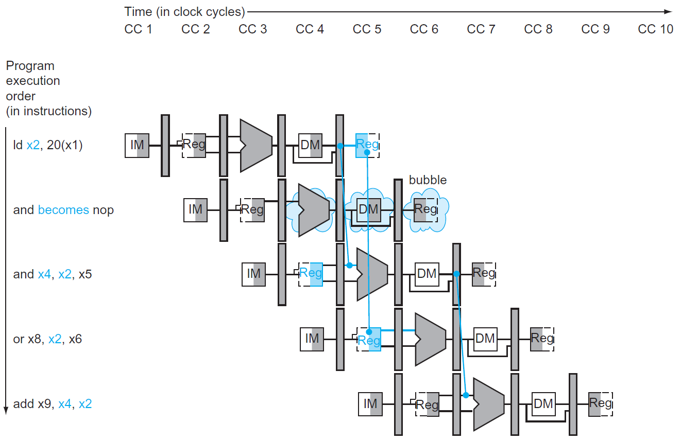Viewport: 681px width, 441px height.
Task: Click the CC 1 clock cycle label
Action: tap(138, 29)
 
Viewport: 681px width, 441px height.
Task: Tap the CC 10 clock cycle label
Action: tap(655, 29)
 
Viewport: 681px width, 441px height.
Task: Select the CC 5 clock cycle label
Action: tap(367, 29)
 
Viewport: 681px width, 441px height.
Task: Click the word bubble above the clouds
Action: tap(428, 180)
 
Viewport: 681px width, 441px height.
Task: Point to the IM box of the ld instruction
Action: tap(137, 145)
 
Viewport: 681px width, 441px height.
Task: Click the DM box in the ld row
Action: tap(311, 145)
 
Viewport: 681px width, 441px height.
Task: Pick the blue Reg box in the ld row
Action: tap(367, 145)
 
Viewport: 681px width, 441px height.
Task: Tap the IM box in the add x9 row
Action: tap(370, 404)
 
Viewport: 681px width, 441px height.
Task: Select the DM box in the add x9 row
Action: tap(543, 404)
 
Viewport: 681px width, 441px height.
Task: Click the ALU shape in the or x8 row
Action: tap(429, 339)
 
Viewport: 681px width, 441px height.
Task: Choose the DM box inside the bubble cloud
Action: tap(368, 209)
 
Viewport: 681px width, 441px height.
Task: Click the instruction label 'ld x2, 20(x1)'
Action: tap(48, 146)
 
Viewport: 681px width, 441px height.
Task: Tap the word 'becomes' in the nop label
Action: tap(63, 210)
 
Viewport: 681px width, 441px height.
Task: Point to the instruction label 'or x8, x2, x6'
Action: tap(47, 340)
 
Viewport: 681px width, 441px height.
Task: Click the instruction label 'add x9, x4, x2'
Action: tap(52, 404)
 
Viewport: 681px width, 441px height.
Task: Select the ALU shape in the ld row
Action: tap(255, 145)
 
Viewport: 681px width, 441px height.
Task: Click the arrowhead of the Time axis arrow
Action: tap(668, 11)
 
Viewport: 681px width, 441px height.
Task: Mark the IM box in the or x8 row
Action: tap(312, 339)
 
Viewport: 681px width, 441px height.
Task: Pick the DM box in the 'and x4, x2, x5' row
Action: tap(427, 274)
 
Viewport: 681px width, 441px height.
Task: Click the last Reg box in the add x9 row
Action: tap(600, 404)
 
